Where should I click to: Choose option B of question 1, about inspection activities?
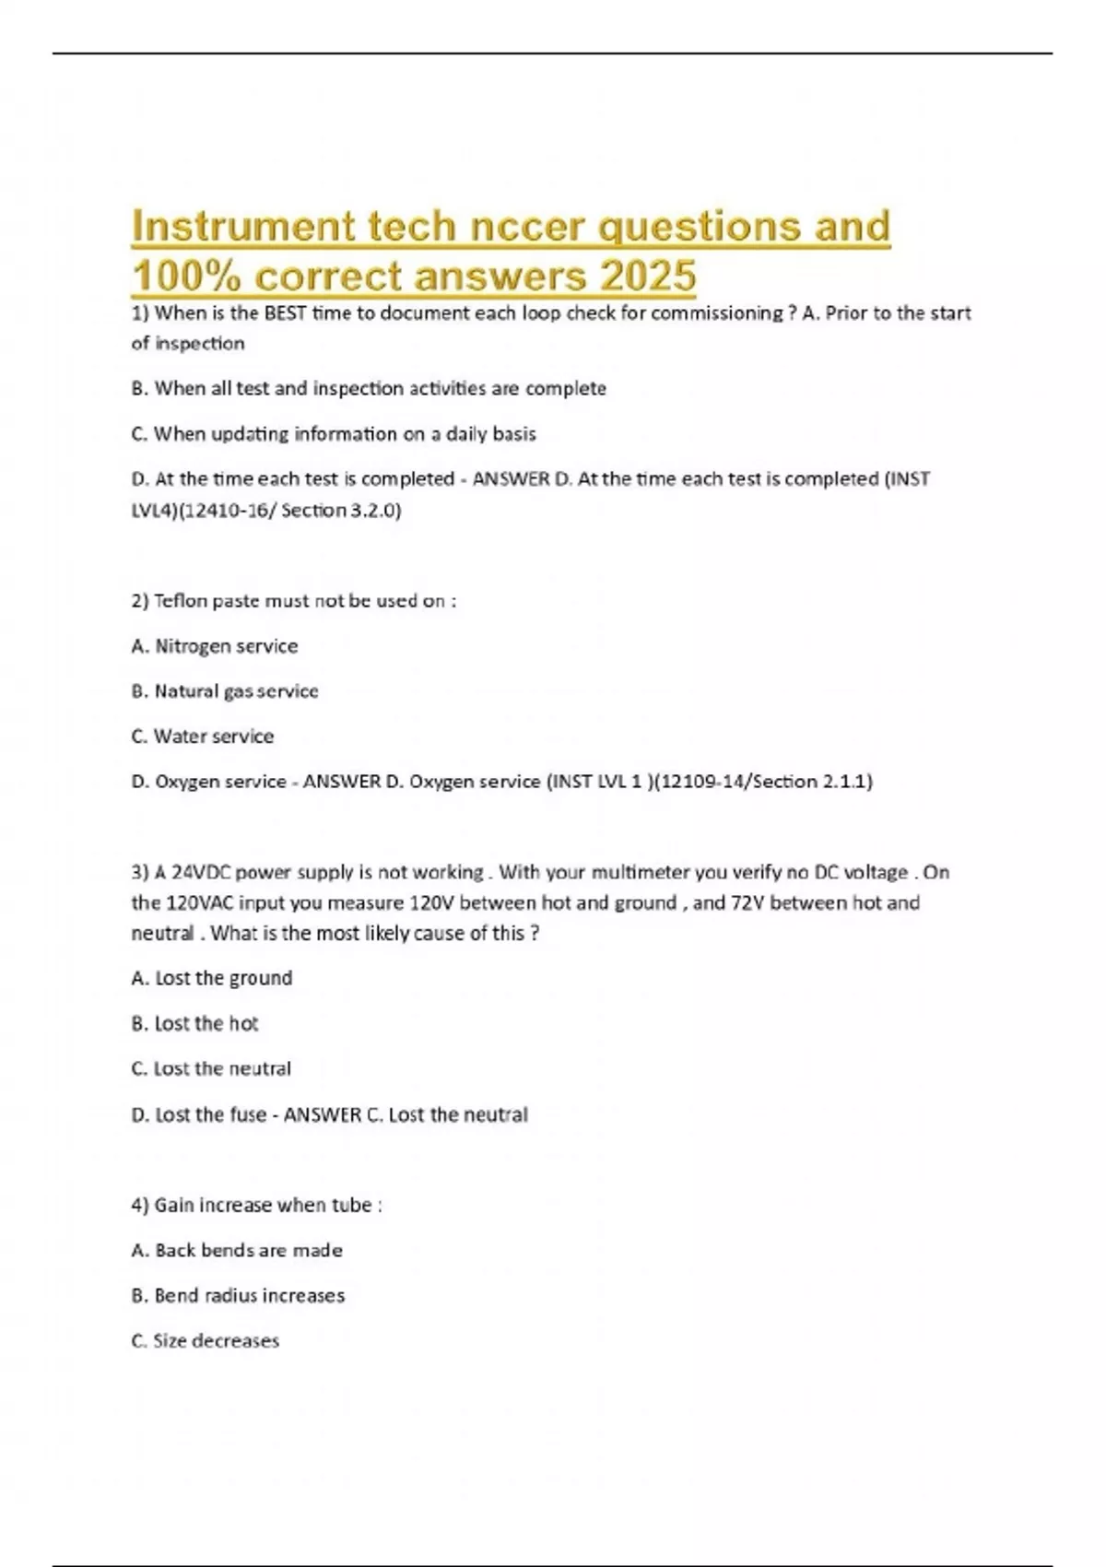pyautogui.click(x=369, y=389)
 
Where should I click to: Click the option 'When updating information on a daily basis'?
pyautogui.click(x=334, y=434)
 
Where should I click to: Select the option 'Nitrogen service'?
pyautogui.click(x=215, y=646)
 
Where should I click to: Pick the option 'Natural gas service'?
pyautogui.click(x=225, y=691)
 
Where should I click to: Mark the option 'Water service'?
pyautogui.click(x=203, y=736)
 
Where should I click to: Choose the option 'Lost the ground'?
pyautogui.click(x=212, y=978)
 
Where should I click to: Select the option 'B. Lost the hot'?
pyautogui.click(x=195, y=1023)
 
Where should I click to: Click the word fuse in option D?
pyautogui.click(x=248, y=1115)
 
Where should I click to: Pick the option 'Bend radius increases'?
pyautogui.click(x=238, y=1296)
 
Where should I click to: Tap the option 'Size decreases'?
pyautogui.click(x=205, y=1341)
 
